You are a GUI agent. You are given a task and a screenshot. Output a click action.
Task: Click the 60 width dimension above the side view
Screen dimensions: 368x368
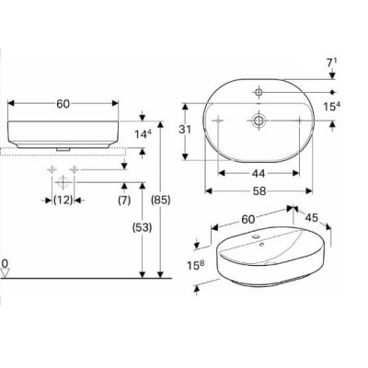pyautogui.click(x=63, y=104)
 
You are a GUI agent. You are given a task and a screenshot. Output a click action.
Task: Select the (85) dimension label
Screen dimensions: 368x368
pyautogui.click(x=161, y=201)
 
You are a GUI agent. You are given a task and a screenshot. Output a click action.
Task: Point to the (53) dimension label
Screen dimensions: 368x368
pyautogui.click(x=142, y=227)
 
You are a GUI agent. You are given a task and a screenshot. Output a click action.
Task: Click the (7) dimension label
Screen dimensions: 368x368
pyautogui.click(x=124, y=201)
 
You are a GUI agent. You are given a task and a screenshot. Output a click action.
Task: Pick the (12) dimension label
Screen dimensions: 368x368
pyautogui.click(x=63, y=201)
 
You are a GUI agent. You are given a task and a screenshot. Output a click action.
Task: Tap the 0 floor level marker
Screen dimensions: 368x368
pyautogui.click(x=5, y=263)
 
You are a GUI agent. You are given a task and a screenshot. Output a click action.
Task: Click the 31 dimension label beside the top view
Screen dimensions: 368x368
pyautogui.click(x=185, y=130)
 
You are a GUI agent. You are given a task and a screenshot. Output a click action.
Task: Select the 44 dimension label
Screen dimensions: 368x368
pyautogui.click(x=259, y=174)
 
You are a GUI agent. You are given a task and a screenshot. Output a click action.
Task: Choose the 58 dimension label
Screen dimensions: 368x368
pyautogui.click(x=259, y=191)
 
